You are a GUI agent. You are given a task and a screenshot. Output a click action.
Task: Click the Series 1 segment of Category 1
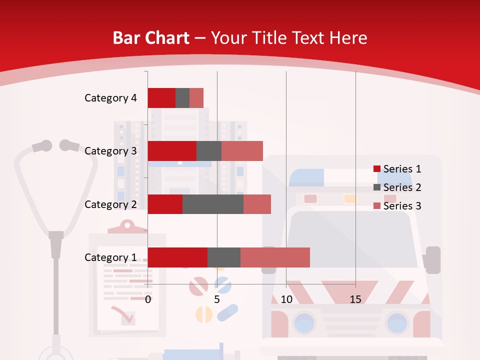(177, 257)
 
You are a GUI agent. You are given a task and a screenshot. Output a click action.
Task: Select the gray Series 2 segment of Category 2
(213, 204)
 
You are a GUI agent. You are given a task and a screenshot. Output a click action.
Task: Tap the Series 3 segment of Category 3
(242, 151)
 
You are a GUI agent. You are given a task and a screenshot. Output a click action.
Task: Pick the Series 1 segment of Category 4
(161, 98)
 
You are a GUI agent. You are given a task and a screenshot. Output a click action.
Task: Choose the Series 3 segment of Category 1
(275, 257)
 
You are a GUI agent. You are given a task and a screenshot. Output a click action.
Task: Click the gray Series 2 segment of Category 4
(182, 98)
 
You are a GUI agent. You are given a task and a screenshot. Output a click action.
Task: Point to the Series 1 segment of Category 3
(172, 151)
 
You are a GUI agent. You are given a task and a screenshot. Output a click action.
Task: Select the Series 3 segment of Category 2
(257, 204)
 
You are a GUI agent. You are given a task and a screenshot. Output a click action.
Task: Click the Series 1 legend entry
(397, 169)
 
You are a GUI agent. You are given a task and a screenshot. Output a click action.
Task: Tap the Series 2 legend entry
(397, 187)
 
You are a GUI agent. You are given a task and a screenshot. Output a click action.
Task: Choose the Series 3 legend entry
(397, 206)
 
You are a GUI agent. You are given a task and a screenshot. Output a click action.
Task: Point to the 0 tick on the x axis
(148, 299)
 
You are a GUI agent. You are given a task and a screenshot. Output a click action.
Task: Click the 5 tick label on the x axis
(217, 299)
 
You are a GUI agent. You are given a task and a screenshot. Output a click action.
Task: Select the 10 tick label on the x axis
(286, 299)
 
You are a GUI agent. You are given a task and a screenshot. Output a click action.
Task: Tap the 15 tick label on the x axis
(355, 299)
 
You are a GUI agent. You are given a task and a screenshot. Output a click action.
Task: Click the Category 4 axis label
(110, 98)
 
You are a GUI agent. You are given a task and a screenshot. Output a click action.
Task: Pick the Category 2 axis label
(110, 204)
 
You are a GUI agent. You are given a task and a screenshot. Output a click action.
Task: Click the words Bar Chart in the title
(151, 38)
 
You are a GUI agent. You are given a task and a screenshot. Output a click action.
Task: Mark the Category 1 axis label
(110, 257)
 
